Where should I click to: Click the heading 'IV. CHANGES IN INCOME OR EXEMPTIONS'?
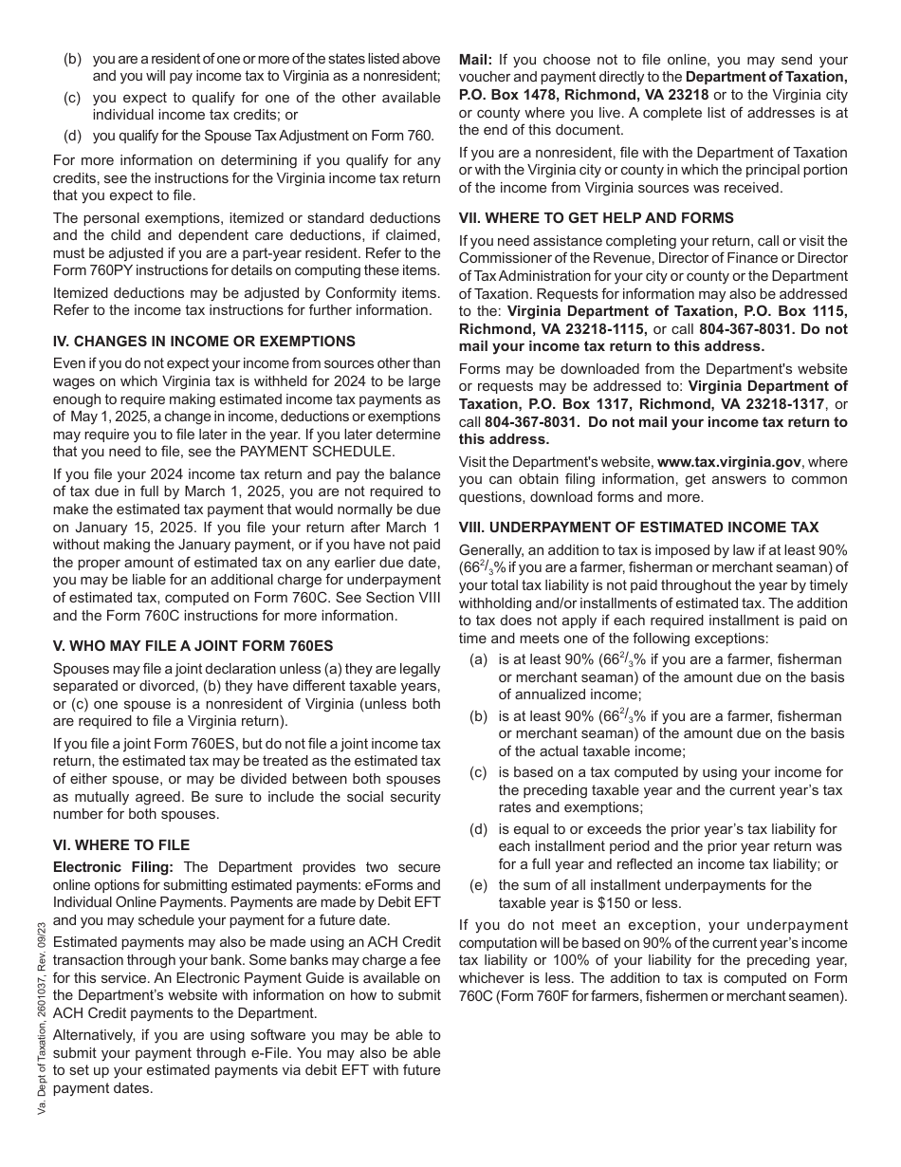(204, 342)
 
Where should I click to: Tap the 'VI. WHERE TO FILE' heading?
(121, 845)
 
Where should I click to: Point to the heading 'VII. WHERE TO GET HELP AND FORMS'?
(597, 218)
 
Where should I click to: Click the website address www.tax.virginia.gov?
(729, 462)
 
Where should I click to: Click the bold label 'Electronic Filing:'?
(114, 867)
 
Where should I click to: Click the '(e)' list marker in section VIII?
(479, 885)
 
